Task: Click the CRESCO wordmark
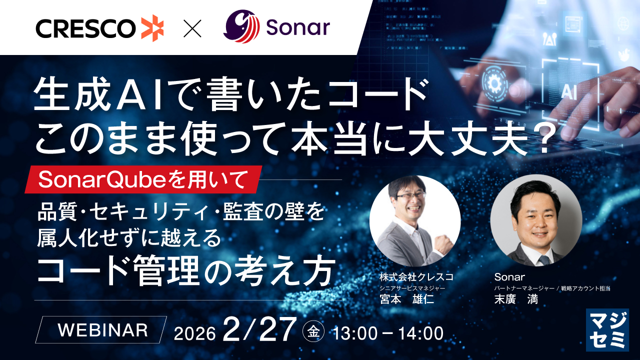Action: (85, 28)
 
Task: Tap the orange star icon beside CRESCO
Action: (152, 28)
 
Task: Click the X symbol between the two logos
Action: (192, 28)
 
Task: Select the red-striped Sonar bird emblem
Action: (241, 26)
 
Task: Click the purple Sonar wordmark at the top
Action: (298, 27)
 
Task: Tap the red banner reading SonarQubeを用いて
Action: (143, 179)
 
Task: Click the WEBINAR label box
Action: (101, 329)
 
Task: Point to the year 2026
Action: (194, 333)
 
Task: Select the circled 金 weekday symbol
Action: (313, 331)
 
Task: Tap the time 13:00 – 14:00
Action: (388, 333)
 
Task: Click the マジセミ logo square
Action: (607, 330)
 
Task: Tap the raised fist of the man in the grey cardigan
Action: (442, 244)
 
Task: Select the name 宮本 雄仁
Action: (407, 299)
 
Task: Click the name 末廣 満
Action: (516, 299)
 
